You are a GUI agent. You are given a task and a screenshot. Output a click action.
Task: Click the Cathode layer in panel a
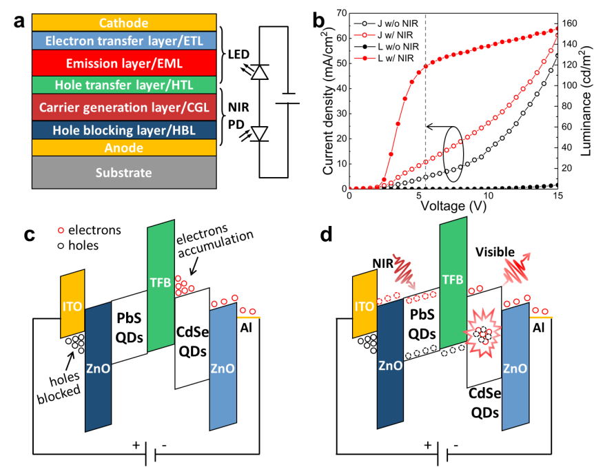coord(124,23)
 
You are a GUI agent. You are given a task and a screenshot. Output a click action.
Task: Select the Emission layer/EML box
coord(124,63)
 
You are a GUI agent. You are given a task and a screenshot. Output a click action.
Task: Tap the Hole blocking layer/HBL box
coord(124,130)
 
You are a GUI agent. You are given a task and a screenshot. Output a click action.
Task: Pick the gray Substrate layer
coord(124,172)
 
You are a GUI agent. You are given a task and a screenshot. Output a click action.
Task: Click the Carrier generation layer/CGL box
coord(124,107)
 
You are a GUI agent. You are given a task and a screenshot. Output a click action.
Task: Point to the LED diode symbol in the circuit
coord(260,72)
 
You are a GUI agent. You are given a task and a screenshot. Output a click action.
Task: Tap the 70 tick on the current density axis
coord(342,13)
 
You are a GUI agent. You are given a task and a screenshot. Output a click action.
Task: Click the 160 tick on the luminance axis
coord(569,23)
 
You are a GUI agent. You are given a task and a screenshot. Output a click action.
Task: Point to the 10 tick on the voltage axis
coord(489,196)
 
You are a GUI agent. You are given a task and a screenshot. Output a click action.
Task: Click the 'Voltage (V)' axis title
coord(453,206)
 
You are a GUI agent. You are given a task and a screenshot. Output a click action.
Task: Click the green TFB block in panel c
coord(161,286)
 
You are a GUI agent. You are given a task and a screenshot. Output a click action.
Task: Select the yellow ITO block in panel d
coord(365,304)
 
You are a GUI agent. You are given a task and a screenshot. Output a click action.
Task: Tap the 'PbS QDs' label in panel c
coord(129,327)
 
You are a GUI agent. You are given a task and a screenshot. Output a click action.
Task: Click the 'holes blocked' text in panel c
coord(59,387)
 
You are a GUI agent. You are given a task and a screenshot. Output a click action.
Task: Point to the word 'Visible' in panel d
coord(495,252)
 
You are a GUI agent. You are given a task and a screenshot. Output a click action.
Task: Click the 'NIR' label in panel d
coord(383,263)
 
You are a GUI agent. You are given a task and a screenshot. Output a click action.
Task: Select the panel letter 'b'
coord(318,21)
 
